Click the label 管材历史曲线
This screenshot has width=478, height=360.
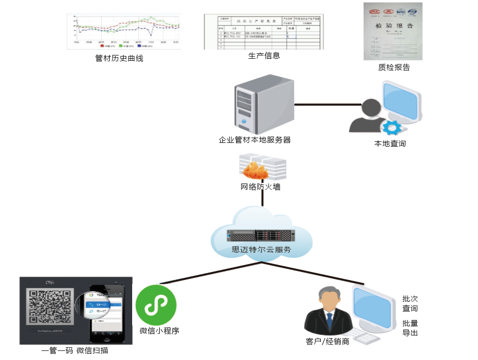coord(119,58)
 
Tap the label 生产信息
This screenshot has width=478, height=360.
coord(264,55)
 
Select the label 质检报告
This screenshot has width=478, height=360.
coord(394,67)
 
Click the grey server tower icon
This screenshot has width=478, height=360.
coord(264,104)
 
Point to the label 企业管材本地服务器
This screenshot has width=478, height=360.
coord(255,140)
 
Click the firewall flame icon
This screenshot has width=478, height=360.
coord(254,169)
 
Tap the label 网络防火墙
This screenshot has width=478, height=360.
coord(261,187)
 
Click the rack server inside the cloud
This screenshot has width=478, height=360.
coord(261,235)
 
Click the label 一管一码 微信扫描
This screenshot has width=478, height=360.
coord(78,350)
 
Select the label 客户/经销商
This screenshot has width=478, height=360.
coord(328,341)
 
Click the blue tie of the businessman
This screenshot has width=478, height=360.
coord(329,321)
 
